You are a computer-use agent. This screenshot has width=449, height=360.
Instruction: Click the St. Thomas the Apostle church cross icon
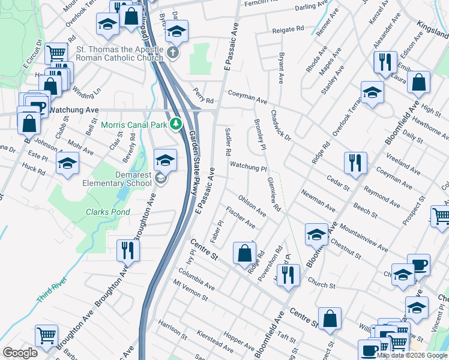pyautogui.click(x=173, y=53)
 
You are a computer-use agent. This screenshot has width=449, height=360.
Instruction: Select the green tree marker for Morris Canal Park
pyautogui.click(x=176, y=124)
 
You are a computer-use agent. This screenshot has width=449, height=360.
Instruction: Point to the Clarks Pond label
pyautogui.click(x=107, y=212)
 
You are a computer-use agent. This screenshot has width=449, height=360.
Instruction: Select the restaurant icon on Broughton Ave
pyautogui.click(x=127, y=249)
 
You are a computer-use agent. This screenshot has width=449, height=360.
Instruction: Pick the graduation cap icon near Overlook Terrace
pyautogui.click(x=372, y=92)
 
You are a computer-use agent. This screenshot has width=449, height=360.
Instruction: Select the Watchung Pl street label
pyautogui.click(x=248, y=166)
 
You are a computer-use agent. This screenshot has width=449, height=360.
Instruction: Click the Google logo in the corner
pyautogui.click(x=20, y=353)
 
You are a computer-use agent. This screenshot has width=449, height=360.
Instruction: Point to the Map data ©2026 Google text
pyautogui.click(x=412, y=355)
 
